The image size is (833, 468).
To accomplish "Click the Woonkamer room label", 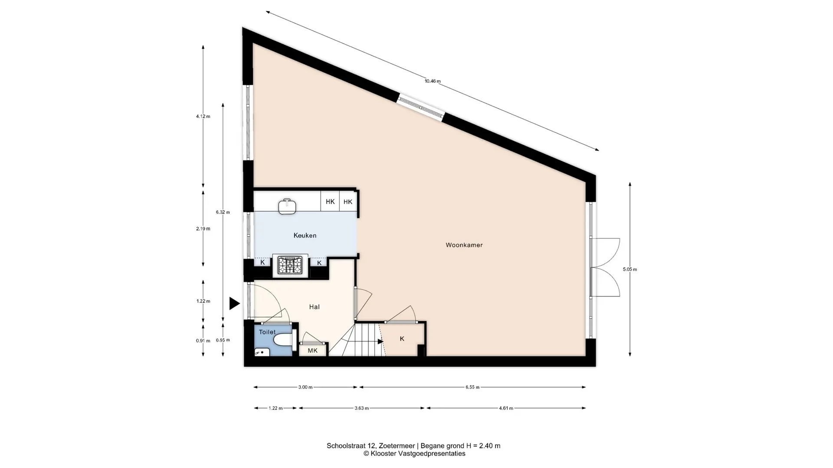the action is (464, 245).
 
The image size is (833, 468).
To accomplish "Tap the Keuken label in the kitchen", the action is (305, 236).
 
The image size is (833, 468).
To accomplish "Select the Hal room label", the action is (314, 307).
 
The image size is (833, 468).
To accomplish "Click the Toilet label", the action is (267, 332).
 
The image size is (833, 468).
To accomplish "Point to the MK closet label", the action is (312, 351).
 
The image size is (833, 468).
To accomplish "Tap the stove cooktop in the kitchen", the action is (290, 265).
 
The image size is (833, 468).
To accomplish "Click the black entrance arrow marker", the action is (234, 303).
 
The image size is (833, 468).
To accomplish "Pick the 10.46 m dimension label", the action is (433, 81).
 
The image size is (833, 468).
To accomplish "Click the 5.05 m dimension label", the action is (630, 270).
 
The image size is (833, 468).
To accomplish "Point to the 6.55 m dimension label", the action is (472, 387).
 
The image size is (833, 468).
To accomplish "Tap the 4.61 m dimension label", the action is (506, 408).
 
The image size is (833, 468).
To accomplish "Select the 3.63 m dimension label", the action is (361, 408).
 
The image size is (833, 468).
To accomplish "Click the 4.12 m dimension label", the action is (203, 117).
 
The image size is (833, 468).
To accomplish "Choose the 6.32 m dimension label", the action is (223, 212).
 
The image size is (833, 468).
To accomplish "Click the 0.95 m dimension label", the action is (223, 340).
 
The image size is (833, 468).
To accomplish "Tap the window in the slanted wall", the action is (421, 107).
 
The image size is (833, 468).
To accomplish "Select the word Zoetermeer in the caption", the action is (397, 446).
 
